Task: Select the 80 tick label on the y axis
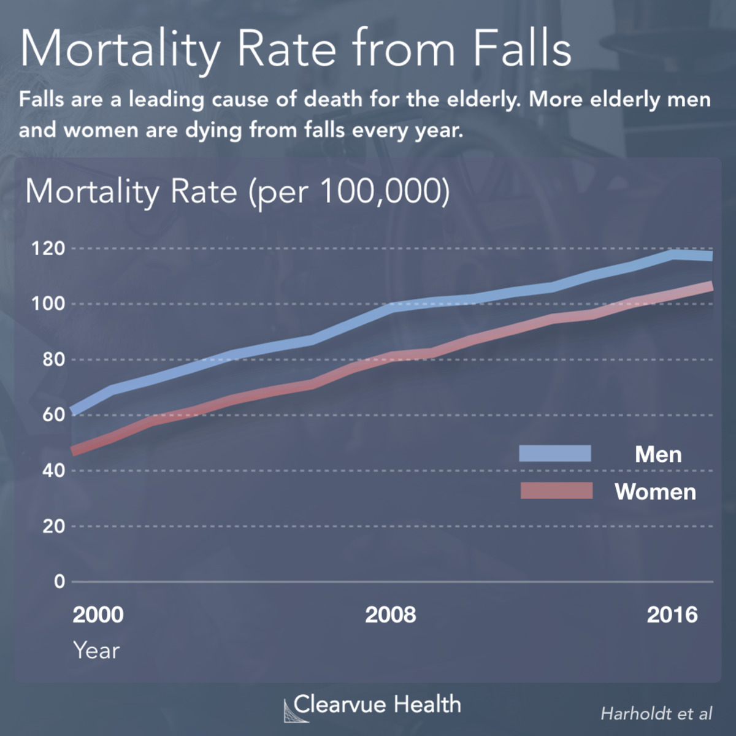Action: tap(53, 359)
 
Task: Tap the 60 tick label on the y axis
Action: tap(53, 415)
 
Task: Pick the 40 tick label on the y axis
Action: tap(53, 470)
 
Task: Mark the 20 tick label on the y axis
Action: tap(53, 526)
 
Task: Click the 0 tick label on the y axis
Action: tap(59, 581)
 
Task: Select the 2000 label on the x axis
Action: tap(98, 615)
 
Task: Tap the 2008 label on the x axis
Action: tap(390, 615)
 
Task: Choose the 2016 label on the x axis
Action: tap(672, 615)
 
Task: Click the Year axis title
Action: tap(96, 650)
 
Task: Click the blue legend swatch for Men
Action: tap(555, 454)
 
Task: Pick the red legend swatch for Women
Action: tap(556, 491)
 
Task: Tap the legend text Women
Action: tap(655, 492)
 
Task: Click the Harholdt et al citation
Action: tap(656, 713)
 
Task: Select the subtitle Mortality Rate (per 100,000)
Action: tap(237, 192)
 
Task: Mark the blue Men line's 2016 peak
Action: tap(673, 254)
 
